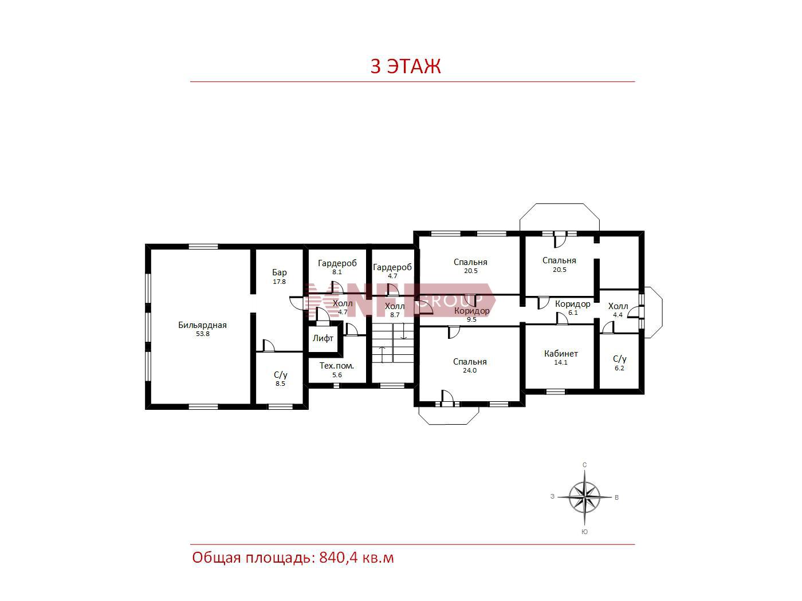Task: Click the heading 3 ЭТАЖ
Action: click(x=406, y=66)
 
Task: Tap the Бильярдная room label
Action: click(x=202, y=325)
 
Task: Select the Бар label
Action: click(x=279, y=272)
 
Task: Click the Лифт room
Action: click(x=323, y=338)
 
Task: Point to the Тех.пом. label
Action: click(x=336, y=366)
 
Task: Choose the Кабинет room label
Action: click(x=561, y=353)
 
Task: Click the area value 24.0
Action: click(x=470, y=370)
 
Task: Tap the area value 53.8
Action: click(x=202, y=334)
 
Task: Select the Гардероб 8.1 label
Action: click(x=337, y=267)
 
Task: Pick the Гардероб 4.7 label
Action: click(x=392, y=271)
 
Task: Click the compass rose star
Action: click(x=585, y=497)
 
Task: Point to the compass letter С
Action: click(x=585, y=465)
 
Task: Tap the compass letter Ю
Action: click(x=585, y=532)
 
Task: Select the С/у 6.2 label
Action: click(x=620, y=363)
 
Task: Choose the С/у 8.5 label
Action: click(x=280, y=379)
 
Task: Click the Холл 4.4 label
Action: click(x=618, y=310)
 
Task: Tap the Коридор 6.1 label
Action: click(x=572, y=307)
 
